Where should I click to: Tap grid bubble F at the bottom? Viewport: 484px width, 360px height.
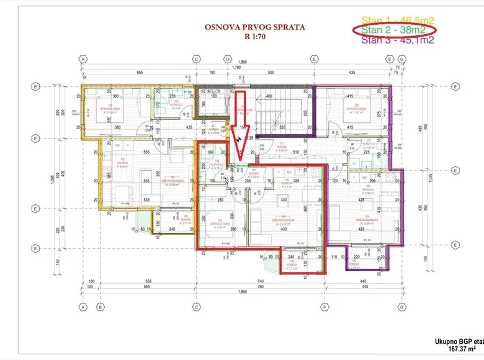coord(324,307)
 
